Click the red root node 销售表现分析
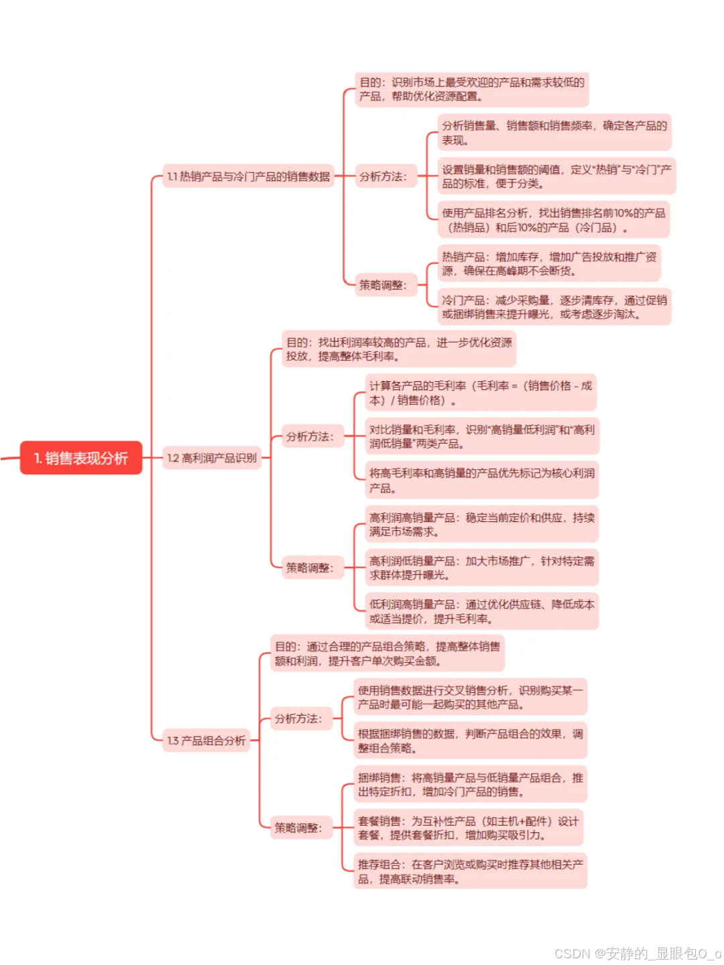81,458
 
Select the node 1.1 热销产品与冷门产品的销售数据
248,177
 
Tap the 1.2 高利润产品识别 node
212,458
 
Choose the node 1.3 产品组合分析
206,741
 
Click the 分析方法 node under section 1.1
383,177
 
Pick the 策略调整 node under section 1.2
309,568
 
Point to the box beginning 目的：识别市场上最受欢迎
472,90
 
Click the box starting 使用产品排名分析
554,220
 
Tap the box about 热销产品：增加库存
549,264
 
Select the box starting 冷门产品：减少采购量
554,307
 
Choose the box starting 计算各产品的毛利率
481,393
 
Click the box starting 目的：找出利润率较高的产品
399,349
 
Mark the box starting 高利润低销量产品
481,568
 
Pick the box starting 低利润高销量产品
481,611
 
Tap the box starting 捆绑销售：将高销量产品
470,785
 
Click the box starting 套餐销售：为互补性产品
468,828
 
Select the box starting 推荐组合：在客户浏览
470,872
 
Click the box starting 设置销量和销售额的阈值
556,177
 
